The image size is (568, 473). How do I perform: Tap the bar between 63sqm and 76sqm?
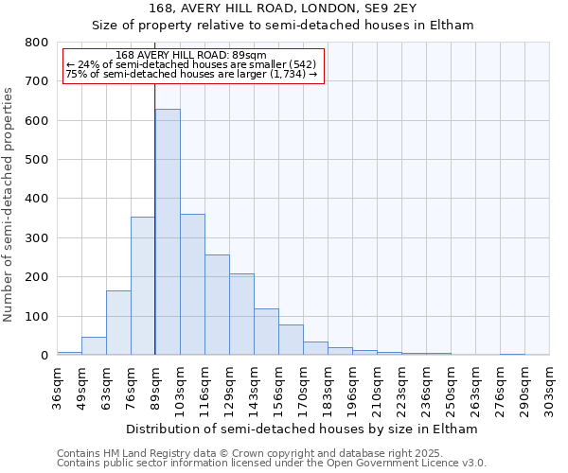118,323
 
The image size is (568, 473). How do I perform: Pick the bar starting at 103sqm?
192,284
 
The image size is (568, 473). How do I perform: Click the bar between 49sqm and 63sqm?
94,346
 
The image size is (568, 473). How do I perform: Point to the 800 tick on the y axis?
37,43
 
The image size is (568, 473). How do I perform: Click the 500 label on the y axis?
37,160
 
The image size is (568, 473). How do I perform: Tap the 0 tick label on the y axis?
44,356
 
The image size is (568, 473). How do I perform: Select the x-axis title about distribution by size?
301,429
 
